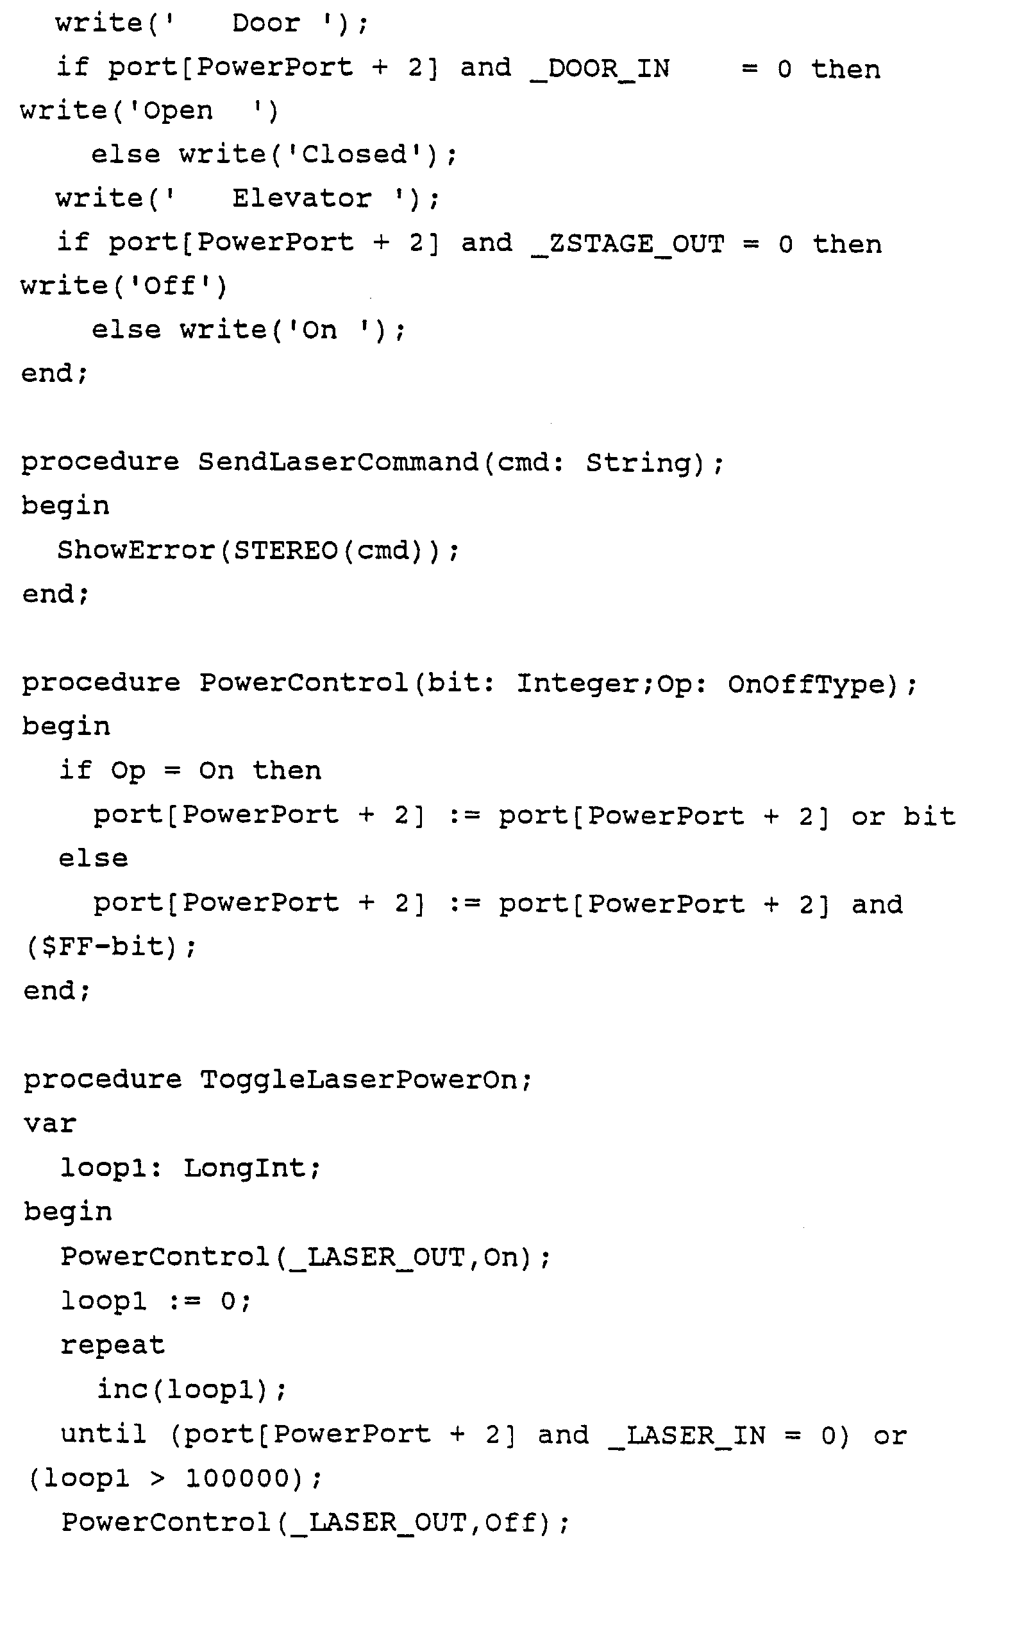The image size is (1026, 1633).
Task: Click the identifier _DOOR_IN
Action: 600,69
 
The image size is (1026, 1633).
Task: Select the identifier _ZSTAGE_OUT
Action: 628,244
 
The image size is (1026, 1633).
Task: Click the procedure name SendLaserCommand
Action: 338,463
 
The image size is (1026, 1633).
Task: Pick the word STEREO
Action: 285,550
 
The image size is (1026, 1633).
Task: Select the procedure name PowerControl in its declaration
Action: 303,683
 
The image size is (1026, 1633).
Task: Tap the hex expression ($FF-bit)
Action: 111,947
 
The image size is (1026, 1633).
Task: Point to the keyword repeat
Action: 112,1345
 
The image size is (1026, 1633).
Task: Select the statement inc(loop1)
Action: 192,1390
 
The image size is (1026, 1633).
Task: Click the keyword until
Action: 104,1433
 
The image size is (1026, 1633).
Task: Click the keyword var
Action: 49,1124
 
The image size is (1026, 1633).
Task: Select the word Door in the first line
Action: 265,24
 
